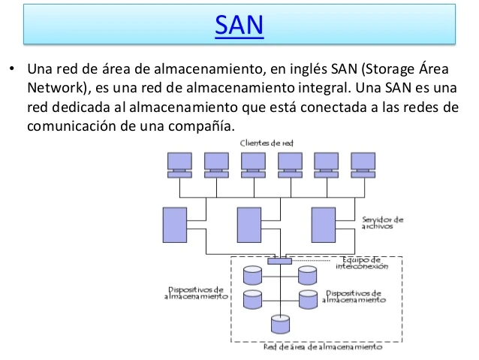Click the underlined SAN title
coord(239,25)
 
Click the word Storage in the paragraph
coord(388,69)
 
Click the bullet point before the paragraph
coord(12,68)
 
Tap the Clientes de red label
coord(267,143)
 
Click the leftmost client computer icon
coord(179,165)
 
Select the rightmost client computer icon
coord(363,165)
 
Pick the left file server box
coord(175,225)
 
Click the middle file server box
coord(249,225)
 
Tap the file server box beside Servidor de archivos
coord(324,225)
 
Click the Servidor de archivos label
coord(382,222)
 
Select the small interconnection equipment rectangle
coord(280,261)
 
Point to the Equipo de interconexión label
coord(362,263)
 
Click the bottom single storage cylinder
coord(281,324)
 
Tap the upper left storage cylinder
coord(252,275)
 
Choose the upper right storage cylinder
coord(308,275)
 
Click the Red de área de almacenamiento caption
coord(323,347)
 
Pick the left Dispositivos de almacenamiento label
coord(196,292)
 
